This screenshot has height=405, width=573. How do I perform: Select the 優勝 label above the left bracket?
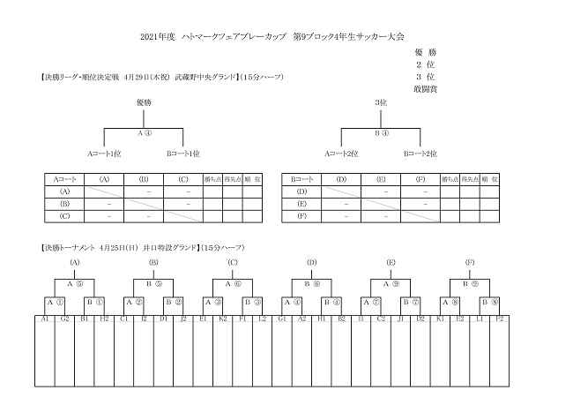point(144,102)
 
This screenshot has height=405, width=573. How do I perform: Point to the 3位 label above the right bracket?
point(381,102)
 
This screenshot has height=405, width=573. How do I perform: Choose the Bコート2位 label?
point(420,153)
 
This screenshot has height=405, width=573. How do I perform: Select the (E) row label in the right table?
point(301,203)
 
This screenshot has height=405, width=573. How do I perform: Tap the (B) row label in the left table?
point(64,203)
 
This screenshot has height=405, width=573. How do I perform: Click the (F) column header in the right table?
point(420,178)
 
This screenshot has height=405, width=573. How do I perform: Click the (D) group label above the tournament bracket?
point(312,262)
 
